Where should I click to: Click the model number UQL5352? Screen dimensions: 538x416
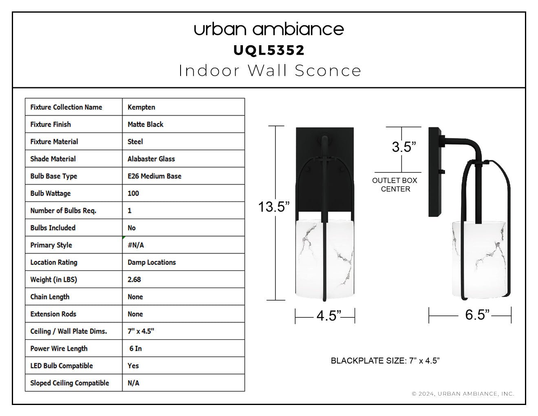(269, 50)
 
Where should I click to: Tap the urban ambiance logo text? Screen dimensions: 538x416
(269, 29)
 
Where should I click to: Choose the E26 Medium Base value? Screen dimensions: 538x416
(154, 176)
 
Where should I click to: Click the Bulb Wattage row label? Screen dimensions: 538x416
(51, 193)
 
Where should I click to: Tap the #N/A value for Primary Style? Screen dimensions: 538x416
(136, 245)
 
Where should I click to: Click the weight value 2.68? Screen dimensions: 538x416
(134, 279)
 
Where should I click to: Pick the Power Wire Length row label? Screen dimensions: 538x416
(59, 349)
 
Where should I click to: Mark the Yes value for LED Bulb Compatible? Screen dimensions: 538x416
(133, 366)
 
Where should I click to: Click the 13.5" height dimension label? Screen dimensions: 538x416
(274, 207)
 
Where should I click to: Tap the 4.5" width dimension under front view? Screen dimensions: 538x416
(329, 316)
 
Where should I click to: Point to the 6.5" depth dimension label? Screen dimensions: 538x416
(477, 315)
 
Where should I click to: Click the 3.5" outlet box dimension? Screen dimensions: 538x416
(404, 147)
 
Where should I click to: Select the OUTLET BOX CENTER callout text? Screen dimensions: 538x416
(395, 185)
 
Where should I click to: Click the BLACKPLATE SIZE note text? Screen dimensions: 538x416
(385, 361)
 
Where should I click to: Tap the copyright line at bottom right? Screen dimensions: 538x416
(463, 394)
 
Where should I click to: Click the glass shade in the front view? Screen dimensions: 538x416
(325, 259)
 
